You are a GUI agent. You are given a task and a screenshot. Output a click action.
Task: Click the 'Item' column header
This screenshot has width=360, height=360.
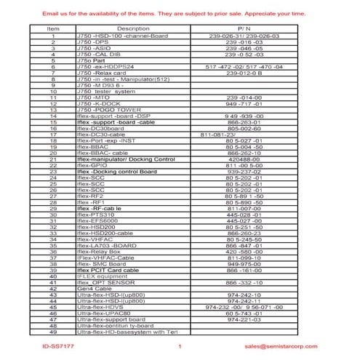[x=53, y=28]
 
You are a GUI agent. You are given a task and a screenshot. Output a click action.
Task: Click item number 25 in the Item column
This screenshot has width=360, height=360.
[x=53, y=184]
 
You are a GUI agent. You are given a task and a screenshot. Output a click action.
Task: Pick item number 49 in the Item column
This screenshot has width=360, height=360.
[x=53, y=332]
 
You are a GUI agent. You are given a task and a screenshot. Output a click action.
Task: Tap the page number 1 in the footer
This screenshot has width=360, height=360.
[x=180, y=347]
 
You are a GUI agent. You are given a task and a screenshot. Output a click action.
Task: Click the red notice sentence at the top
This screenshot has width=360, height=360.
[x=180, y=14]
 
